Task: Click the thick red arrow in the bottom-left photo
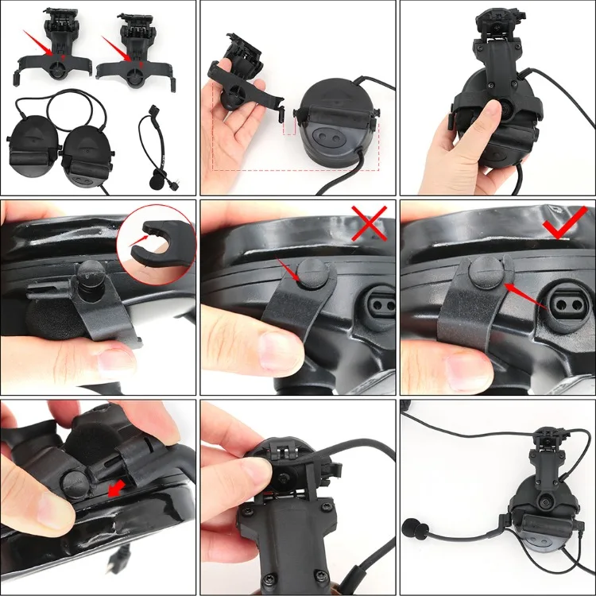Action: pyautogui.click(x=119, y=486)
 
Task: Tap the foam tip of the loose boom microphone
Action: pyautogui.click(x=157, y=179)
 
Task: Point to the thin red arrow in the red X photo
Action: pyautogui.click(x=287, y=271)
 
